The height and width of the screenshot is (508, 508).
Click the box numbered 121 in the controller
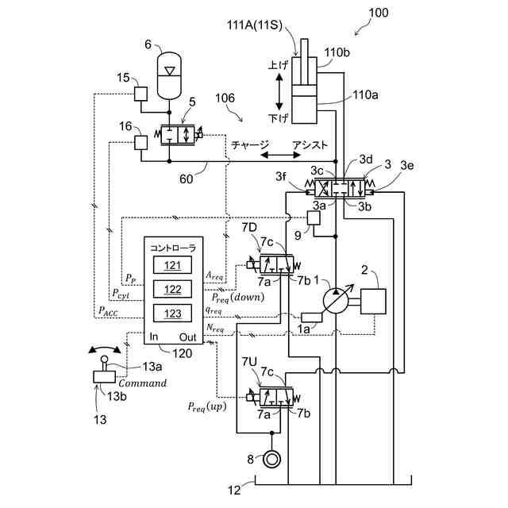(x=173, y=265)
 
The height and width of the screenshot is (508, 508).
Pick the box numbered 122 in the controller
(x=173, y=289)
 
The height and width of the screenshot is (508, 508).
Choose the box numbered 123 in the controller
(x=173, y=313)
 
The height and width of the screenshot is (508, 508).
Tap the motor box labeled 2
(x=373, y=302)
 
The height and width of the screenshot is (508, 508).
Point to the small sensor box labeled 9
(x=313, y=217)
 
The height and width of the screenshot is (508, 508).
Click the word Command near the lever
(x=143, y=383)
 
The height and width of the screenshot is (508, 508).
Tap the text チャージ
(x=250, y=145)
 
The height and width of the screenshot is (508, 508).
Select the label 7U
(x=248, y=362)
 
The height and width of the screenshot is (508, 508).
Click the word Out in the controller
(x=187, y=337)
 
